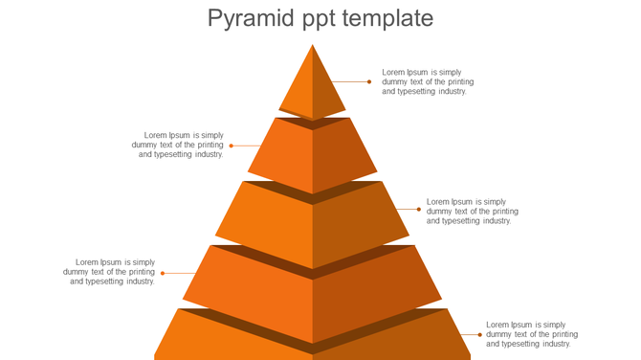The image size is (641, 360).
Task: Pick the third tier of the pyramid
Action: [x=313, y=226]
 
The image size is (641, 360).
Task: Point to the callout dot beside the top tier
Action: [x=369, y=81]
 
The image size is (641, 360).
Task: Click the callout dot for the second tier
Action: [x=232, y=146]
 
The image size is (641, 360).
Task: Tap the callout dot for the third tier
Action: [x=418, y=209]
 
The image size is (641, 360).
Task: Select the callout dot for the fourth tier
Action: [x=163, y=273]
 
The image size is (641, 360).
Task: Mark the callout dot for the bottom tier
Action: [x=479, y=334]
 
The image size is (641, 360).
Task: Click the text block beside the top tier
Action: [x=428, y=81]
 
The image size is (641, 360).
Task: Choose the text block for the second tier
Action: [x=179, y=145]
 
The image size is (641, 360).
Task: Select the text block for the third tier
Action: [x=473, y=212]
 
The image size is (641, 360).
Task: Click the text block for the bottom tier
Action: [x=532, y=334]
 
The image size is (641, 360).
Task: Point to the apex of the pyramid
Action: [x=313, y=46]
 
